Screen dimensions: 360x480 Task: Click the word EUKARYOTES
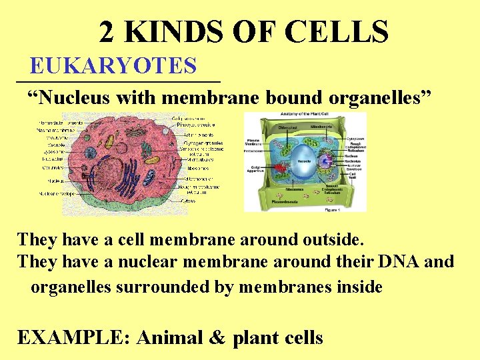[x=113, y=66]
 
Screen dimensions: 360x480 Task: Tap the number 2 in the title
[x=107, y=31]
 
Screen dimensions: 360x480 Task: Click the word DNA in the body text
[x=399, y=261]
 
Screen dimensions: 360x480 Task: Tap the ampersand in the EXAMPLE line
[x=217, y=337]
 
